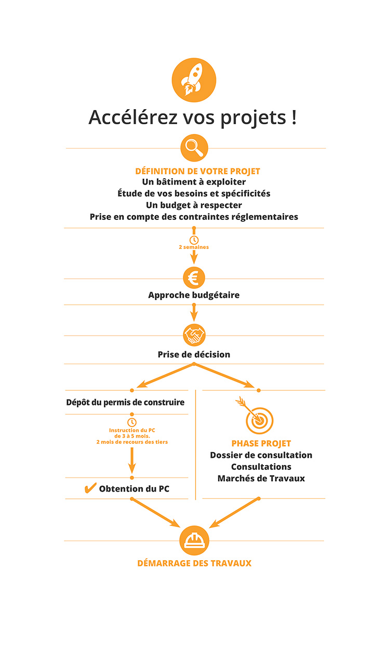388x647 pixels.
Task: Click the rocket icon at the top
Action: click(194, 80)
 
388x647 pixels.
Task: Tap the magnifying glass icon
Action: click(194, 148)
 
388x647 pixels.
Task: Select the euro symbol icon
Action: click(194, 278)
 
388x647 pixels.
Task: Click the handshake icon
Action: click(194, 335)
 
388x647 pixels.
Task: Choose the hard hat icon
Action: click(194, 540)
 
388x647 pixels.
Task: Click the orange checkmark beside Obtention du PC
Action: click(90, 488)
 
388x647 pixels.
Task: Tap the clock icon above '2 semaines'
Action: click(194, 240)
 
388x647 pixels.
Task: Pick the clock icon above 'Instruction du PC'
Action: click(132, 422)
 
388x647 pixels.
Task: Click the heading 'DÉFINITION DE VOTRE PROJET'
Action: click(198, 171)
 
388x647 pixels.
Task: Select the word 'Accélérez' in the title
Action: click(133, 117)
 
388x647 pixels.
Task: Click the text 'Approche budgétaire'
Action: click(194, 295)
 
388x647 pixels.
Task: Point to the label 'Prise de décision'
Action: click(194, 354)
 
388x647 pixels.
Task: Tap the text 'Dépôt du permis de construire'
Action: click(125, 402)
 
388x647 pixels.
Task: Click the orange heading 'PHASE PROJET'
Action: click(261, 443)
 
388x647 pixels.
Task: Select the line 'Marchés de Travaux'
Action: click(261, 479)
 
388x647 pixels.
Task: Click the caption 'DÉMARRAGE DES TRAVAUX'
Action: click(194, 563)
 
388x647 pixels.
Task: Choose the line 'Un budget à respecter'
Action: click(194, 205)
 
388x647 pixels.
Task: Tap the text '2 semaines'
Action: click(194, 247)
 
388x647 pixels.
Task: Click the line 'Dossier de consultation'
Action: click(261, 455)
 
